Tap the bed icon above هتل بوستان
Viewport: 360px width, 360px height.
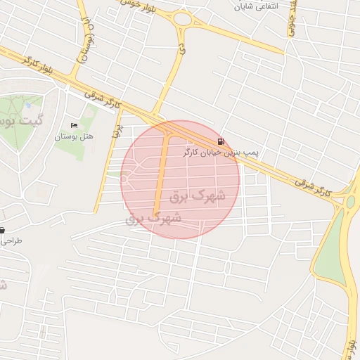pyautogui.click(x=74, y=125)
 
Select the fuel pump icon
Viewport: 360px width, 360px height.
pyautogui.click(x=222, y=141)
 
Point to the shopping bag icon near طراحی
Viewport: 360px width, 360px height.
pyautogui.click(x=2, y=230)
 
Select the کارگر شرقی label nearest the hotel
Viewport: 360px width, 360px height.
pyautogui.click(x=102, y=97)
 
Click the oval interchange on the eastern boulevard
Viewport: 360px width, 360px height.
pyautogui.click(x=350, y=202)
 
